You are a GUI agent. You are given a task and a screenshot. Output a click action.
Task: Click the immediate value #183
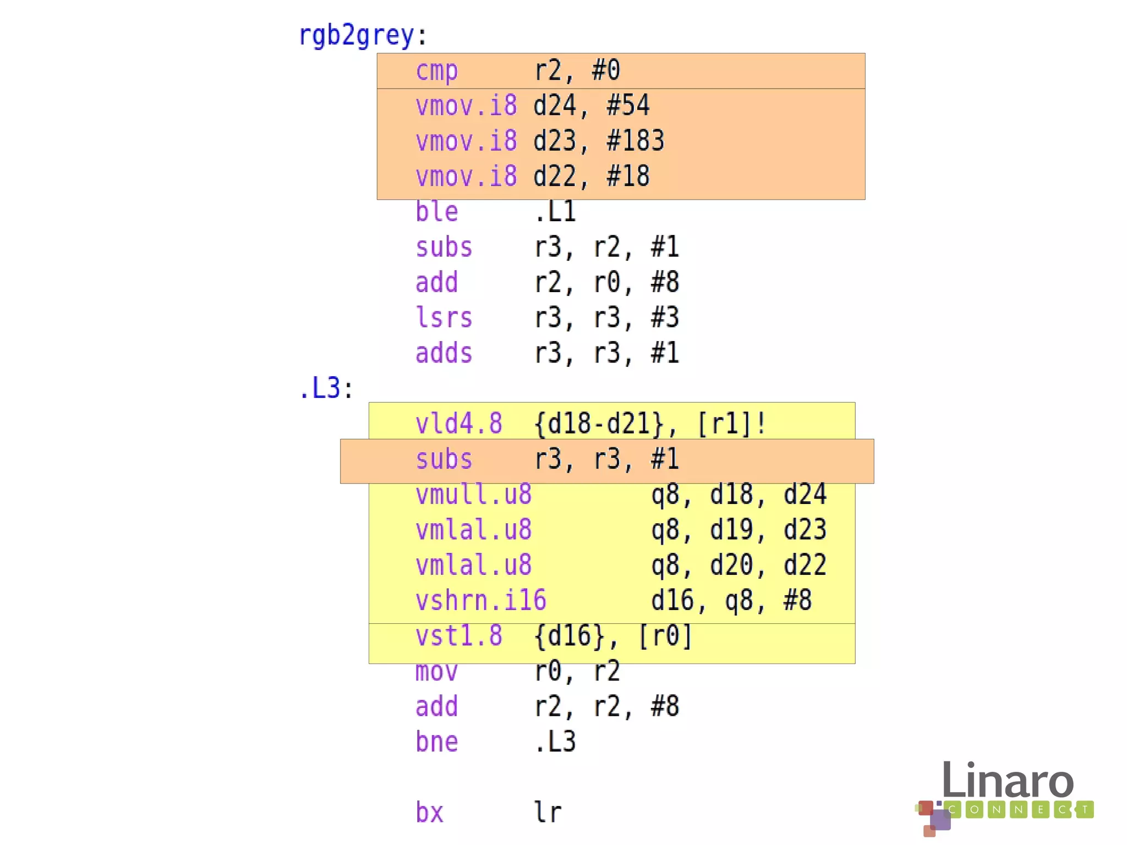click(x=635, y=141)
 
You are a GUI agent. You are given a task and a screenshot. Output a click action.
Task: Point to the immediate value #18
click(x=628, y=177)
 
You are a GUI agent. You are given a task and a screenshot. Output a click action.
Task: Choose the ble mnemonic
click(x=436, y=212)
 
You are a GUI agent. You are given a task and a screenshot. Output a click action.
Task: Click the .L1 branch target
click(x=555, y=212)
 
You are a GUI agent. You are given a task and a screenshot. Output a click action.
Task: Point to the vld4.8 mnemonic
click(x=458, y=424)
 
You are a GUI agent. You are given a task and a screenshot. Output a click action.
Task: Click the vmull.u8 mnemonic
click(x=473, y=495)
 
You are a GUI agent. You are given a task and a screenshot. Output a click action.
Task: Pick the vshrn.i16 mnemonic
click(x=480, y=601)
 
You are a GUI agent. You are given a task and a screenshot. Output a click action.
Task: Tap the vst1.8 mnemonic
click(x=458, y=636)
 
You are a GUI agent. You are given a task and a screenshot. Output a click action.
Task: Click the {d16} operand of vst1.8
click(x=569, y=636)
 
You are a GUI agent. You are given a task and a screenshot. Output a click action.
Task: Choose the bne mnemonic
click(x=436, y=742)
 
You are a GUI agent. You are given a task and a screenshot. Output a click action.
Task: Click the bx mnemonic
click(x=429, y=813)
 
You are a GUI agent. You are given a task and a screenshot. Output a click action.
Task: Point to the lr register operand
click(x=548, y=813)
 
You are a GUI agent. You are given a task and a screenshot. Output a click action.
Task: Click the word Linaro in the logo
click(x=1007, y=781)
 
